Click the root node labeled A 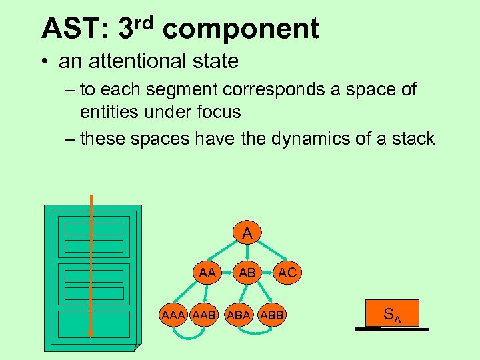(x=247, y=233)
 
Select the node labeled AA (x=207, y=273)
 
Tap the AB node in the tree (x=247, y=273)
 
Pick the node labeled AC (x=287, y=273)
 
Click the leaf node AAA (x=173, y=314)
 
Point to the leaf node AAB (x=204, y=314)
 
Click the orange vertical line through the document (x=91, y=267)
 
